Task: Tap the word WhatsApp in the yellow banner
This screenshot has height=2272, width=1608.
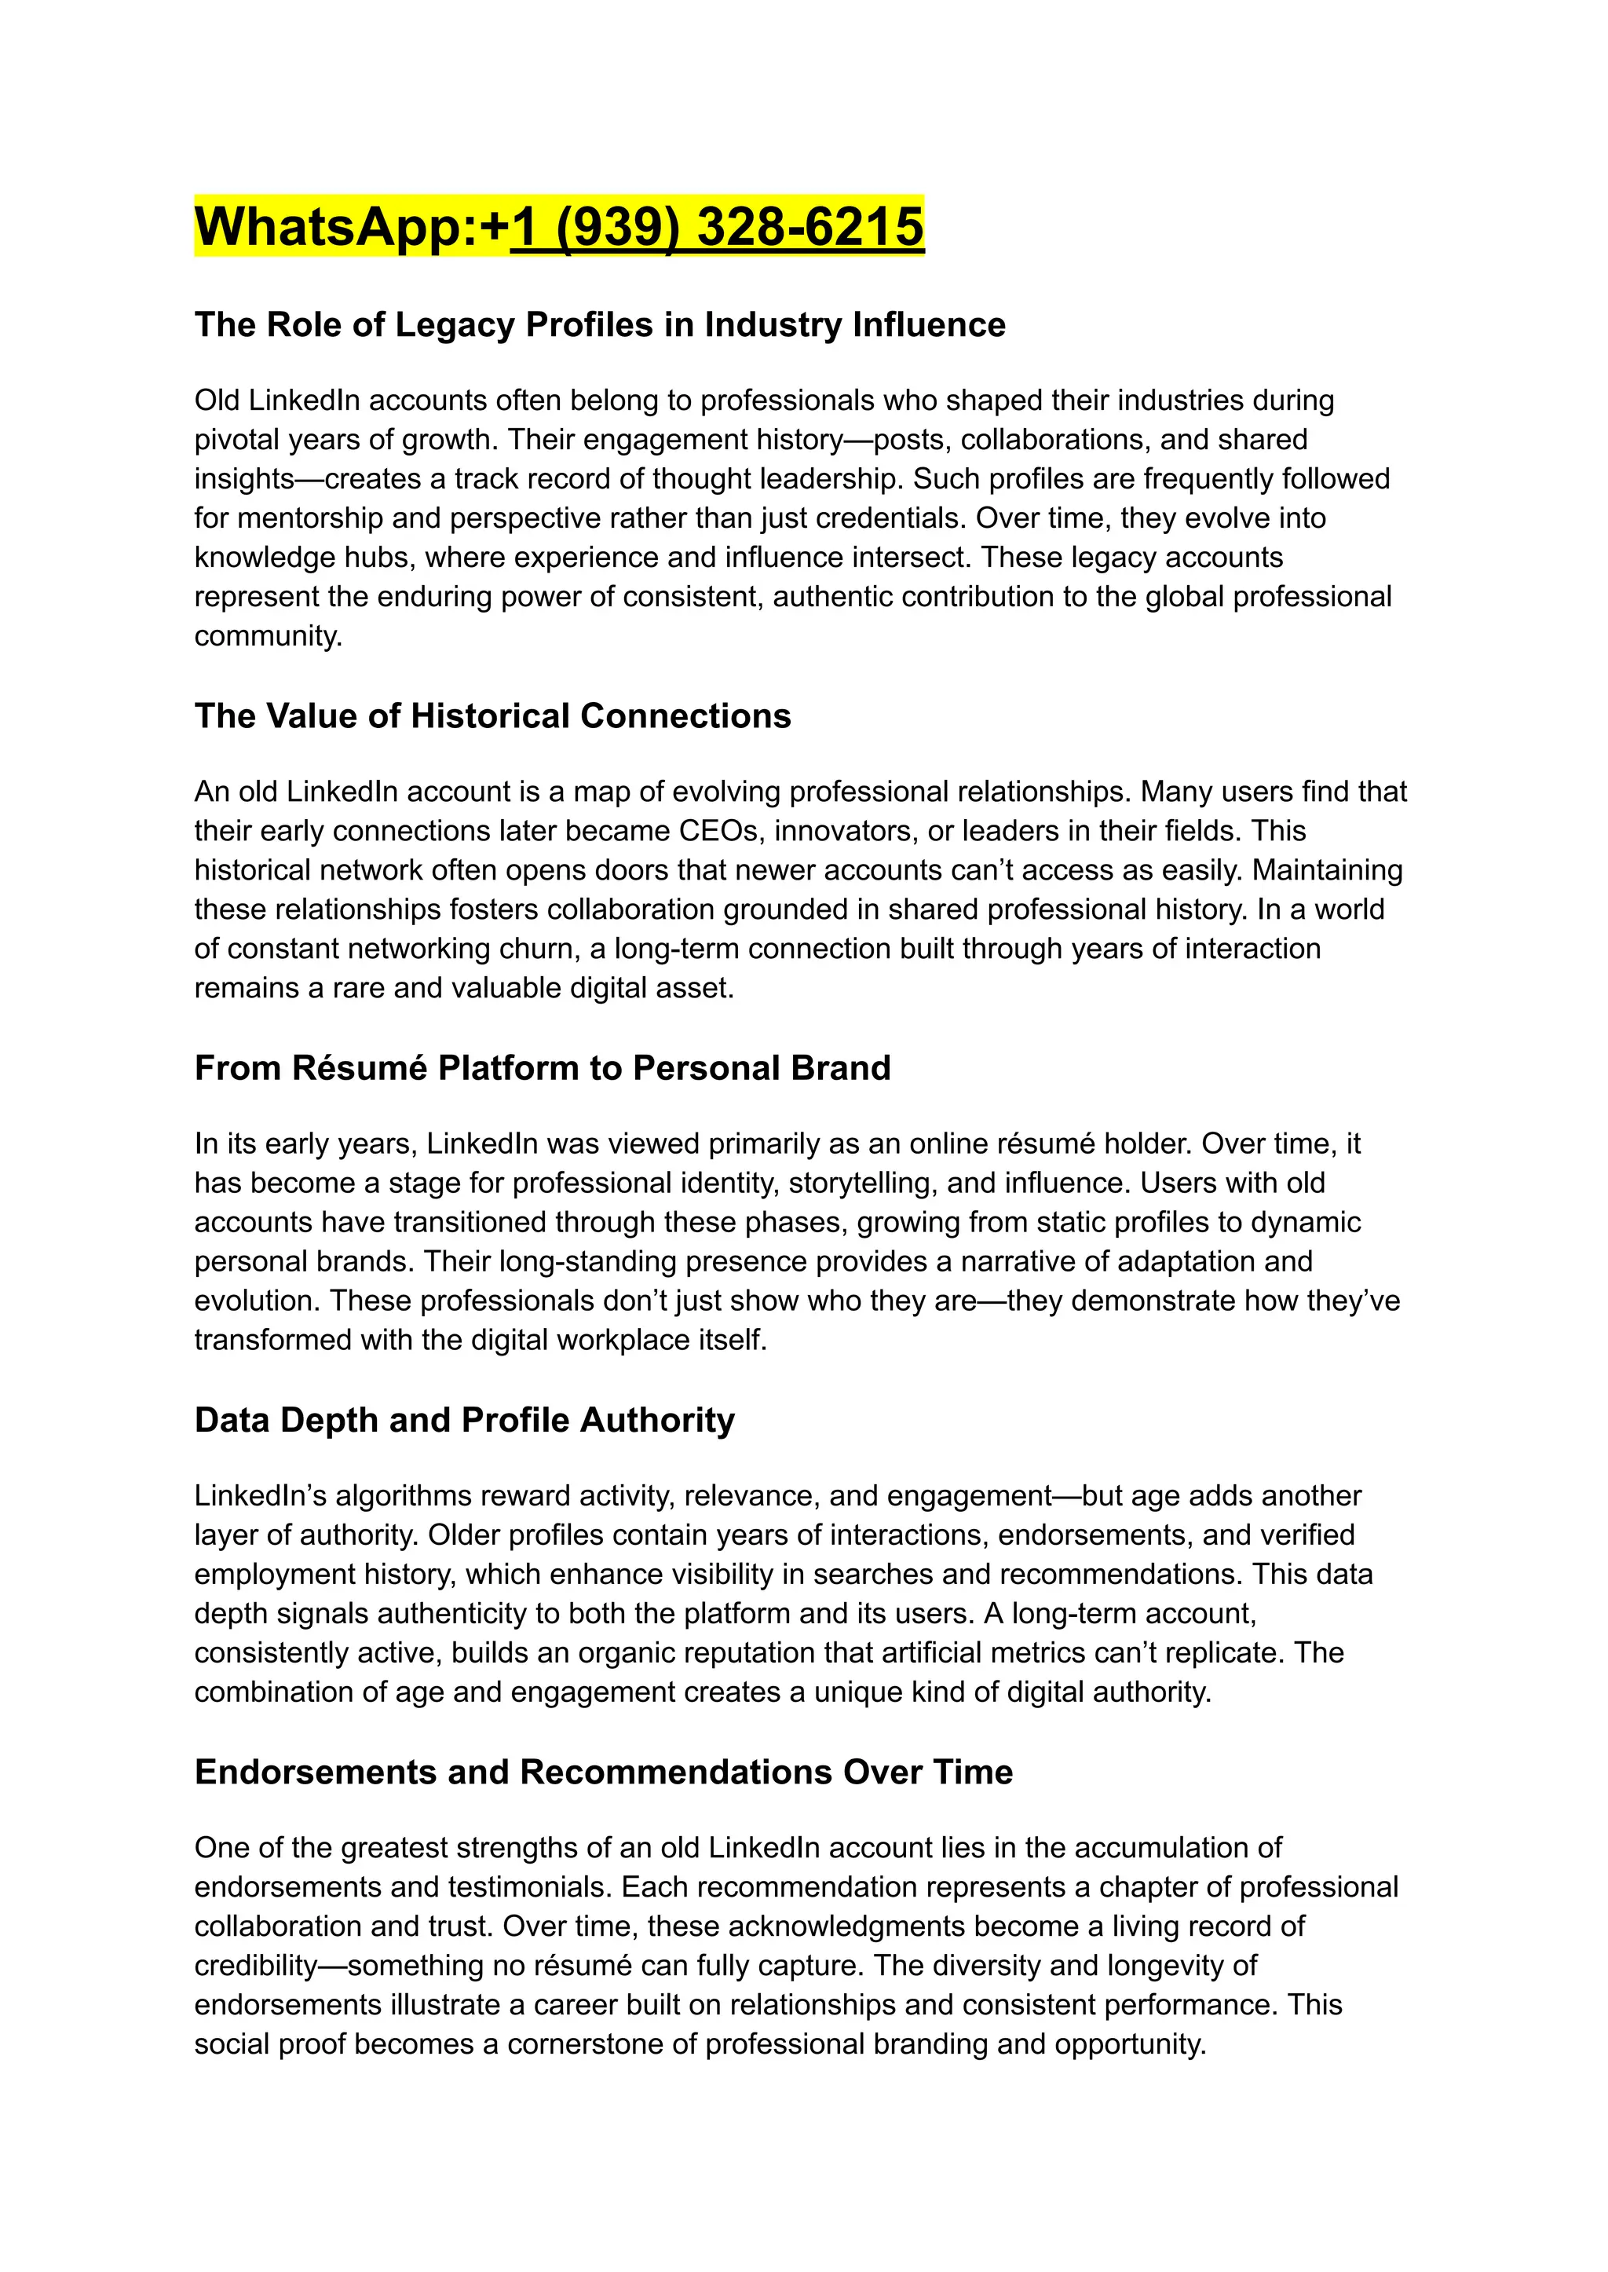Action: [327, 226]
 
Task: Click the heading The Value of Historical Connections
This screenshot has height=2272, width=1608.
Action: [492, 716]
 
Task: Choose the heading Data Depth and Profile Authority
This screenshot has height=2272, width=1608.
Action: [464, 1419]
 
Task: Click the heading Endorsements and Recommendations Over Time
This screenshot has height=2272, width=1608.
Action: [603, 1772]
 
